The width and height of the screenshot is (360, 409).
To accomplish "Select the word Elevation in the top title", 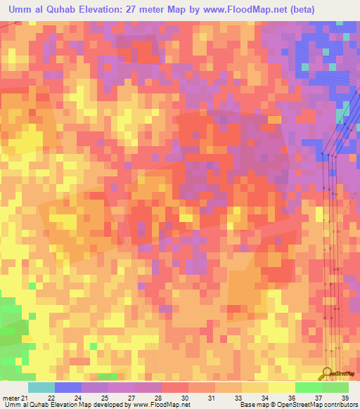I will point(114,9).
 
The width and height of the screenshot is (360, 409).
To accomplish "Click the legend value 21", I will point(26,398).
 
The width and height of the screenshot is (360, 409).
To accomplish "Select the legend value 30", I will point(185,398).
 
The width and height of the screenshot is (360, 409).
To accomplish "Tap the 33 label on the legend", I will point(239,398).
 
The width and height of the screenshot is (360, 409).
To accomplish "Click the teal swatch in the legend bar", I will point(41,387).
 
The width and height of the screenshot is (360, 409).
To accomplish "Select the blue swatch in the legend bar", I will point(68,387).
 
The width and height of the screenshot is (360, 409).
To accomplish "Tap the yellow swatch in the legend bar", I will point(281,387).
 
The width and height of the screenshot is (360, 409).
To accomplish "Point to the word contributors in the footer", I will point(341,405).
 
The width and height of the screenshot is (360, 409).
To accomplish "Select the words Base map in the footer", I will point(252,405).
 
